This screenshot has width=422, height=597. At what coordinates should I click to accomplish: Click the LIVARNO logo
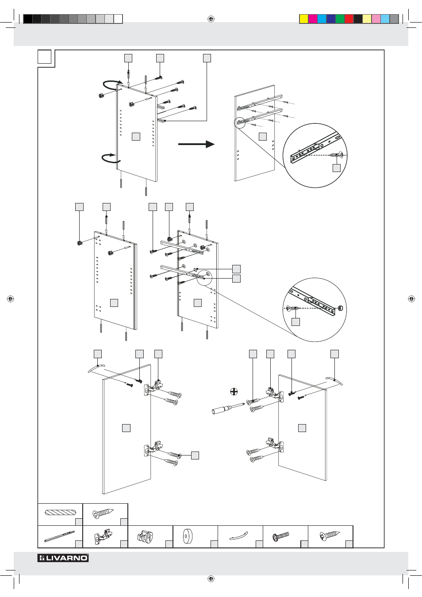[63, 558]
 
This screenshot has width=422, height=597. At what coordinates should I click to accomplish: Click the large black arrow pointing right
[196, 144]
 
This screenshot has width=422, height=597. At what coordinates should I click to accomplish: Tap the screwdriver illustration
[228, 408]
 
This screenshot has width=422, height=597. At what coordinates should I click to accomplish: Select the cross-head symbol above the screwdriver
[234, 391]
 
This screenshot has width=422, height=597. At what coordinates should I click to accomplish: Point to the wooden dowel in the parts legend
[60, 513]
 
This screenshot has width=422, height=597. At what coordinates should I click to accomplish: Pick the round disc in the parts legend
[188, 536]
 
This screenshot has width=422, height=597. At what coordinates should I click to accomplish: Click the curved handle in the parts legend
[238, 537]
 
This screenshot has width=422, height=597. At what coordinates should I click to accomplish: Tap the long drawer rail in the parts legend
[59, 536]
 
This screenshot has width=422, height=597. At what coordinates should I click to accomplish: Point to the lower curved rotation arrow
[109, 158]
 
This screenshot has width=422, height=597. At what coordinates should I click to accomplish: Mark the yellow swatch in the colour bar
[304, 19]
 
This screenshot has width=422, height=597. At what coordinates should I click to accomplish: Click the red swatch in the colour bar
[349, 19]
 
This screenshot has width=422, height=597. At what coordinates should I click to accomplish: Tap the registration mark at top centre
[211, 19]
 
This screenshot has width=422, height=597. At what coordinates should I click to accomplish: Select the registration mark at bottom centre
[211, 578]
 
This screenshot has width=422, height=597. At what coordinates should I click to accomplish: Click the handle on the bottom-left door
[96, 368]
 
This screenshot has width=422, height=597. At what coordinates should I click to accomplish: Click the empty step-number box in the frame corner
[45, 57]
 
